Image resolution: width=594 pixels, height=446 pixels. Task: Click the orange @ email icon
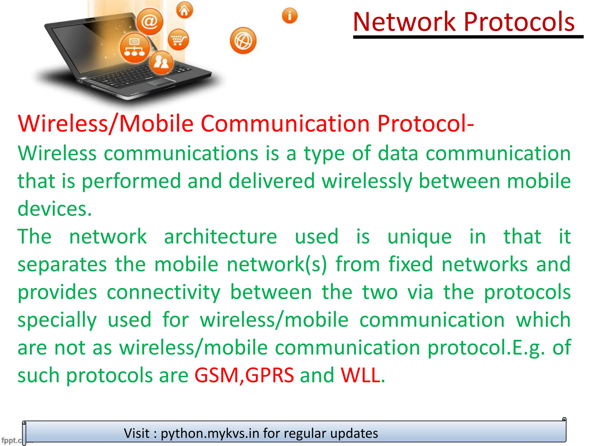pyautogui.click(x=150, y=21)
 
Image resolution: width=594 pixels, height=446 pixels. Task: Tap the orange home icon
pyautogui.click(x=184, y=10)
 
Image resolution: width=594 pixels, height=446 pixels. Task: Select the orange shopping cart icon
pyautogui.click(x=178, y=39)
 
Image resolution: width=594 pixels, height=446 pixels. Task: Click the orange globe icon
pyautogui.click(x=243, y=41)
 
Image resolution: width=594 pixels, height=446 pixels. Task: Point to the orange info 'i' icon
pyautogui.click(x=289, y=16)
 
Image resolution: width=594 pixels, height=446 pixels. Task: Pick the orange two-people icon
pyautogui.click(x=161, y=62)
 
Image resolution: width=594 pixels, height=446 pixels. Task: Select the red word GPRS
pyautogui.click(x=269, y=375)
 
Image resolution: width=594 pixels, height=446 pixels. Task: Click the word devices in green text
pyautogui.click(x=55, y=208)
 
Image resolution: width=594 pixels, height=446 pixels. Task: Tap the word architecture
pyautogui.click(x=220, y=236)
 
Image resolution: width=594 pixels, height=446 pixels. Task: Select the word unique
pyautogui.click(x=419, y=237)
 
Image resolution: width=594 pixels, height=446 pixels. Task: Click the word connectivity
pyautogui.click(x=164, y=292)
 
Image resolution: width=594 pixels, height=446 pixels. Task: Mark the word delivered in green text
pyautogui.click(x=271, y=181)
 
